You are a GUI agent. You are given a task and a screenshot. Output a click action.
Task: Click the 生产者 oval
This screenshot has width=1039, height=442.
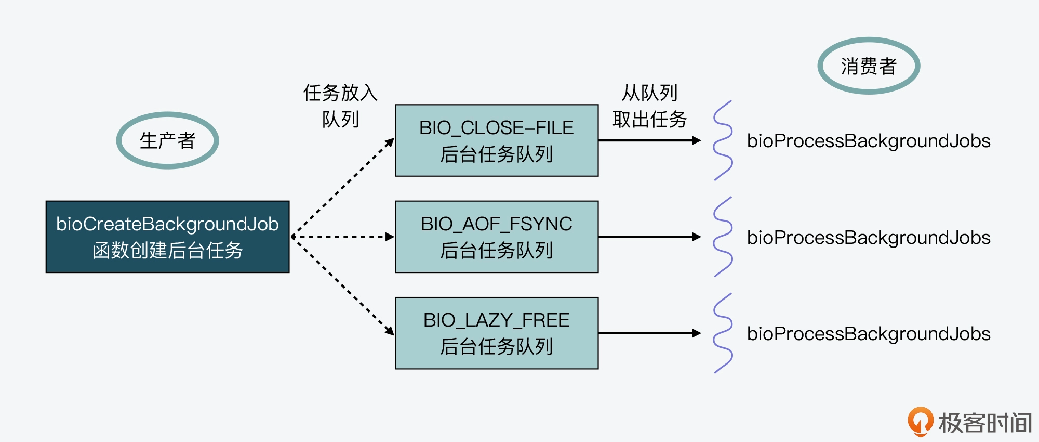pyautogui.click(x=167, y=140)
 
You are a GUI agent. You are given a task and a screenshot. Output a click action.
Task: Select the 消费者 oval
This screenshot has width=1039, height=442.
pyautogui.click(x=869, y=66)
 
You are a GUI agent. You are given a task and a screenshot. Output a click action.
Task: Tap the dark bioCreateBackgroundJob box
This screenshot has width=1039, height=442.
pyautogui.click(x=167, y=237)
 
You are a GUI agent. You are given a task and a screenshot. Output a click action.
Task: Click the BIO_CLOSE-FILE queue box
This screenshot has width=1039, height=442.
pyautogui.click(x=497, y=140)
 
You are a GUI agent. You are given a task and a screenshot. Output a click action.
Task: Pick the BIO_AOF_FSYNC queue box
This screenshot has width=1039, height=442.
pyautogui.click(x=497, y=237)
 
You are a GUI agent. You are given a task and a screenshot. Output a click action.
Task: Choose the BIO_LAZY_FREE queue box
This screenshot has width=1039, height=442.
pyautogui.click(x=497, y=333)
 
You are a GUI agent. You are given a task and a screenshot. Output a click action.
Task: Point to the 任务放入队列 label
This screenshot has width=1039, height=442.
pyautogui.click(x=340, y=106)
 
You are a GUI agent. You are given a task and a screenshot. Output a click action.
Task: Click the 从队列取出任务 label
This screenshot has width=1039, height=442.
pyautogui.click(x=649, y=106)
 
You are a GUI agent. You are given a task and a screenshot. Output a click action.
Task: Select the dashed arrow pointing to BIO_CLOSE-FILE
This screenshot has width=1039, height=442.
pyautogui.click(x=343, y=187)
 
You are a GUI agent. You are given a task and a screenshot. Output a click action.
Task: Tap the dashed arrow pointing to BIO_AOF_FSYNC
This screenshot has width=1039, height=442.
pyautogui.click(x=343, y=237)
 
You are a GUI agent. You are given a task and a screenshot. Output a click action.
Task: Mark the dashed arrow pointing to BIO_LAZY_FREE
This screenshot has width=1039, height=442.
pyautogui.click(x=343, y=286)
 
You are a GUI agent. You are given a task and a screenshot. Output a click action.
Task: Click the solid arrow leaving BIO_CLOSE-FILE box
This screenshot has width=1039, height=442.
pyautogui.click(x=649, y=140)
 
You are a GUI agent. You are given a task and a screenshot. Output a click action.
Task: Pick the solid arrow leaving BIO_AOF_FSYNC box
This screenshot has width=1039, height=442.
pyautogui.click(x=649, y=237)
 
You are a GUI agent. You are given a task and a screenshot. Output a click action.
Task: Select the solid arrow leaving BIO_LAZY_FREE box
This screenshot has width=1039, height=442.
pyautogui.click(x=649, y=333)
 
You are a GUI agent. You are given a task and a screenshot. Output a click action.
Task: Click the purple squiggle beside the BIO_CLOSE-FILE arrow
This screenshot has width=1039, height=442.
pyautogui.click(x=723, y=140)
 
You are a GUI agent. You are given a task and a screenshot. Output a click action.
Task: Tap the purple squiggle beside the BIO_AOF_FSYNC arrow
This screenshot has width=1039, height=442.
pyautogui.click(x=723, y=237)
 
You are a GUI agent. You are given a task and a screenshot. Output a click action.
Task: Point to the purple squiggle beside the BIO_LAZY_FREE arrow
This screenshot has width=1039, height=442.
pyautogui.click(x=723, y=333)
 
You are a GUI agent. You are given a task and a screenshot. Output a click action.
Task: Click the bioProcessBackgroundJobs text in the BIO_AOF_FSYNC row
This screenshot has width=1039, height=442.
pyautogui.click(x=869, y=237)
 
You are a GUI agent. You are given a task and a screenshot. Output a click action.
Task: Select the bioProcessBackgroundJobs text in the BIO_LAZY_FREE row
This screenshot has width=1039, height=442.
pyautogui.click(x=869, y=334)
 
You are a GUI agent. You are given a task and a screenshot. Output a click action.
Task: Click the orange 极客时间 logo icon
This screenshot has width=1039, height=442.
pyautogui.click(x=920, y=421)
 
